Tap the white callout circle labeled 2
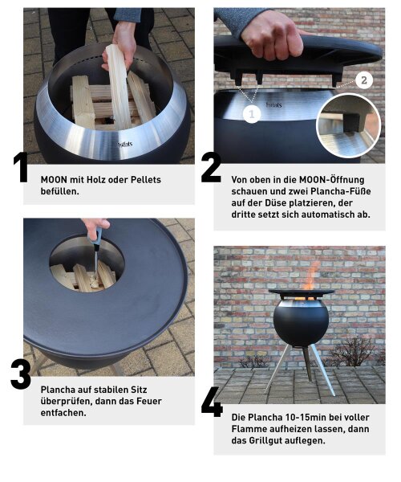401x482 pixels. (x=363, y=80)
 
